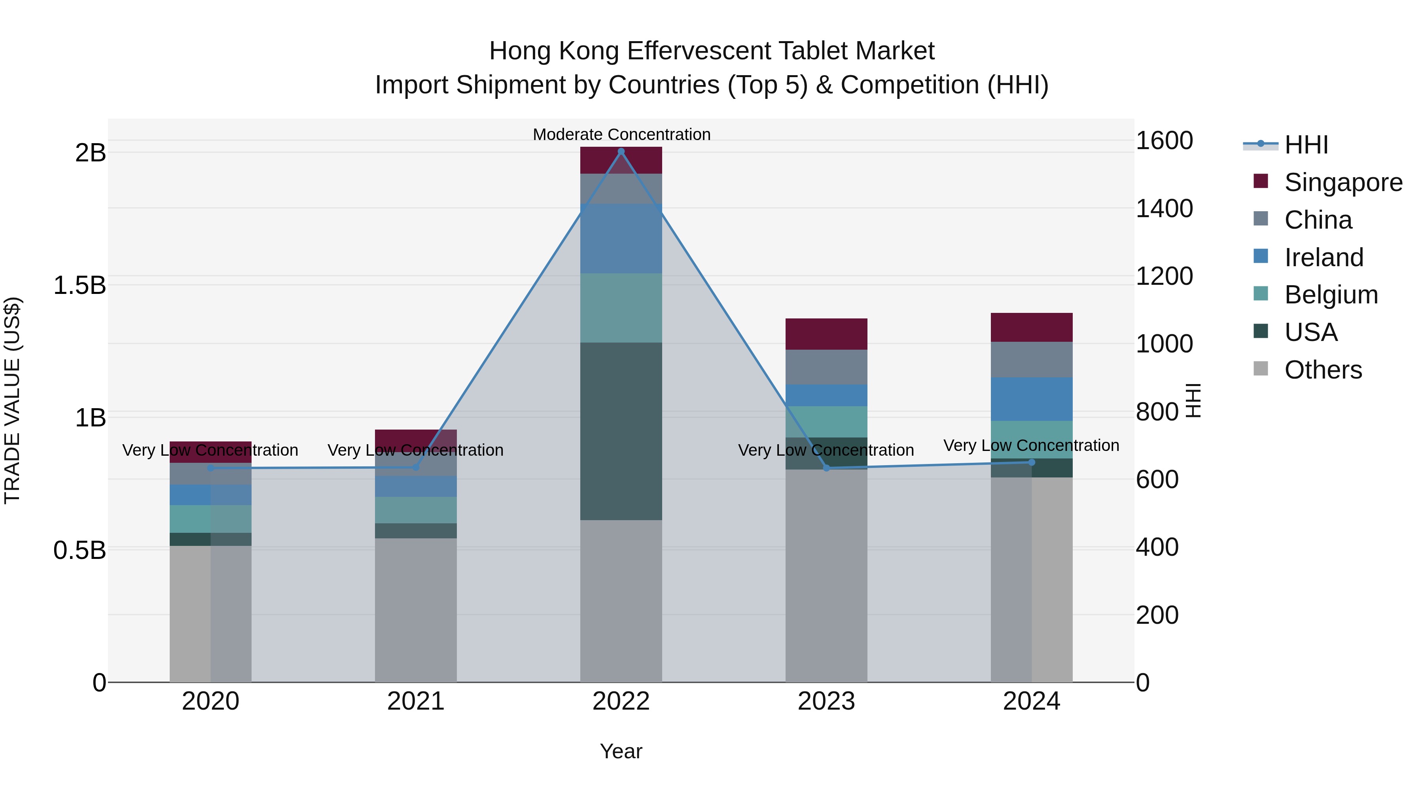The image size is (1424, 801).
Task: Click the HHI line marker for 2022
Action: coord(621,151)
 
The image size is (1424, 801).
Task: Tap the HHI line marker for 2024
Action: coord(1032,462)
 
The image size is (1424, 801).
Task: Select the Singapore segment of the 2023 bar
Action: coord(826,334)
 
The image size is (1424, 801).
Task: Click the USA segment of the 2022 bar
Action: coord(621,431)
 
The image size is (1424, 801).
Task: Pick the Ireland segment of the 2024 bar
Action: coord(1032,399)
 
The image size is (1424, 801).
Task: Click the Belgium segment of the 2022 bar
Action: coord(621,308)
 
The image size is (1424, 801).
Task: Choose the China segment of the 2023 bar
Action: coord(826,367)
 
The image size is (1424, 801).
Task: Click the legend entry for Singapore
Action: coord(1343,182)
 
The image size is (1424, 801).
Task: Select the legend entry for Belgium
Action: coord(1331,295)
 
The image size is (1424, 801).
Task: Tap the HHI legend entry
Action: coord(1306,145)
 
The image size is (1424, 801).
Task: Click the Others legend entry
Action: coord(1323,370)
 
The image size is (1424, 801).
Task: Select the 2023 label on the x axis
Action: coord(826,701)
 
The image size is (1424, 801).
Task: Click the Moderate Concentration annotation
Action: coord(621,134)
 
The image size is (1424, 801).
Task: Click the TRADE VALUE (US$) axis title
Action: coord(12,400)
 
